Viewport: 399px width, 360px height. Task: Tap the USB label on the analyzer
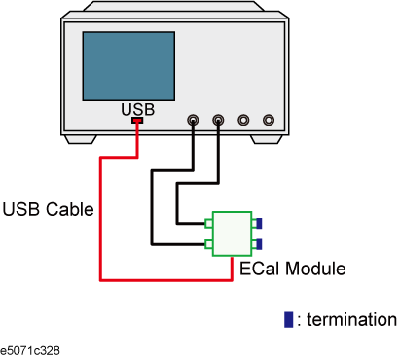pos(137,110)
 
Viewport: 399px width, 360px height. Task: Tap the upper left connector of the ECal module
pos(210,223)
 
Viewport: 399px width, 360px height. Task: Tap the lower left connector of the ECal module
pos(210,243)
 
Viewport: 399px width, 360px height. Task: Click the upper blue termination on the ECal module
pos(260,223)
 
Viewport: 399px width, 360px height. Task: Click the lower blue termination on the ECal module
pos(260,243)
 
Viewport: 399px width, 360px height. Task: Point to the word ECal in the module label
pos(257,267)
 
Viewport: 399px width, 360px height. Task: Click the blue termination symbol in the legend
pos(287,320)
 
